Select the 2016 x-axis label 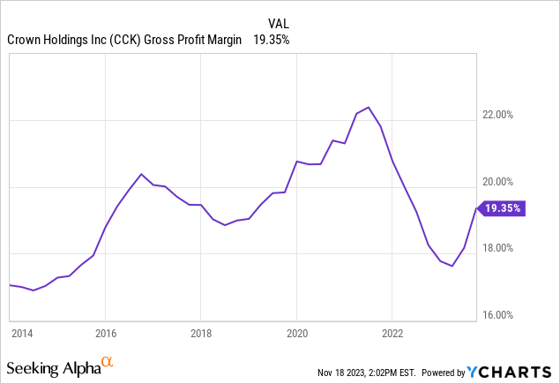(x=105, y=334)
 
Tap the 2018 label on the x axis (x=200, y=334)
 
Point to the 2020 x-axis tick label (x=296, y=334)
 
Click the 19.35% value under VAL (x=272, y=40)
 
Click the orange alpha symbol (x=108, y=362)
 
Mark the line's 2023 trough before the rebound (x=452, y=266)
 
